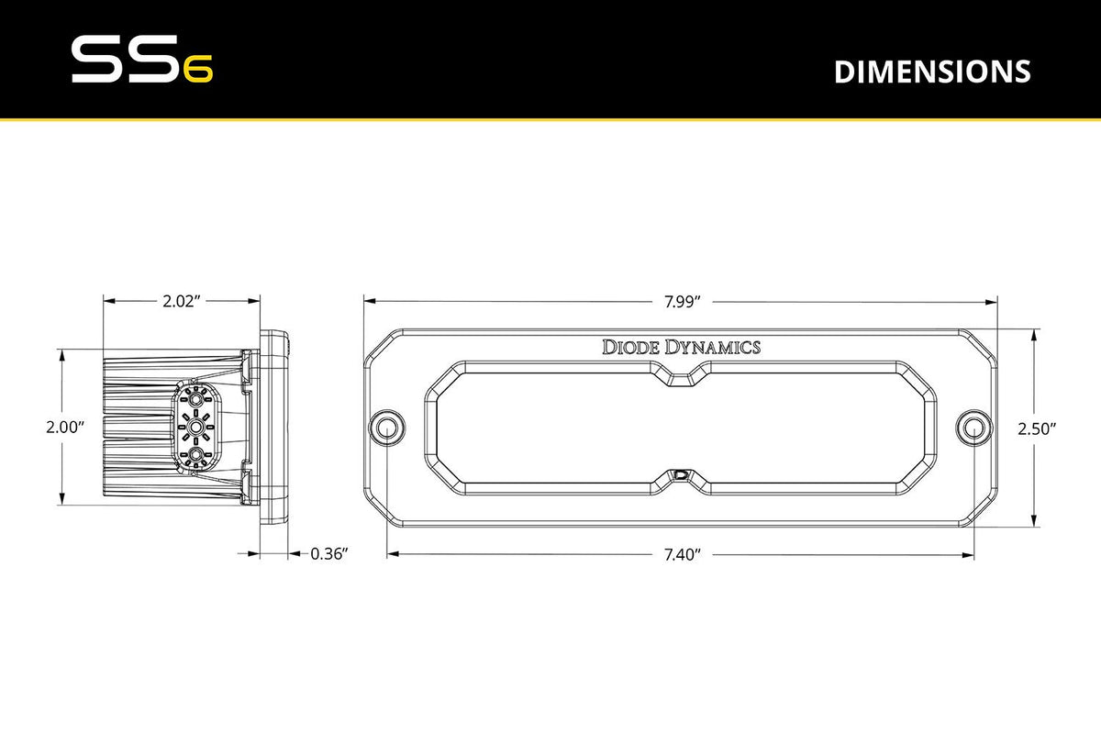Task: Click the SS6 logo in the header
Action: [141, 61]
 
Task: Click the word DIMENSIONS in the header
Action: [931, 72]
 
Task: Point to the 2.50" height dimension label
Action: [1037, 428]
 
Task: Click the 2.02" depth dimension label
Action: [181, 300]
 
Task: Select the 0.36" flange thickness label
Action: [328, 554]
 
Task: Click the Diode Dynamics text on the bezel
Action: [681, 347]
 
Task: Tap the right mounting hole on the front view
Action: [974, 428]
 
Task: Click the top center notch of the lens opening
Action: [681, 377]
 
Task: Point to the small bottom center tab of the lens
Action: [680, 475]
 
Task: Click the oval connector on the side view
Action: [195, 428]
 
